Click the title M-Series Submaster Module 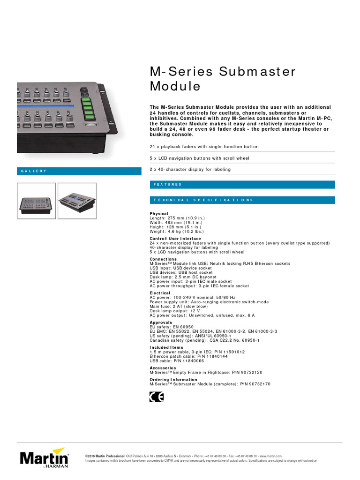(x=223, y=79)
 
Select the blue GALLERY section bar (x=79, y=171)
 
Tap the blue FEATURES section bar (x=242, y=185)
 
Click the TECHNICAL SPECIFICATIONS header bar (x=242, y=200)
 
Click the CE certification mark (x=157, y=397)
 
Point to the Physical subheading (x=159, y=214)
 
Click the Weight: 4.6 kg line (x=177, y=231)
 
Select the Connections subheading (x=163, y=259)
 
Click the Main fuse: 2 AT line (x=175, y=306)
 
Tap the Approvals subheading (x=161, y=322)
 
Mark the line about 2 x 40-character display (x=190, y=170)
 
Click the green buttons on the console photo (x=86, y=109)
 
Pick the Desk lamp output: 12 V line (x=174, y=310)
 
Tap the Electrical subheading (x=160, y=293)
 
